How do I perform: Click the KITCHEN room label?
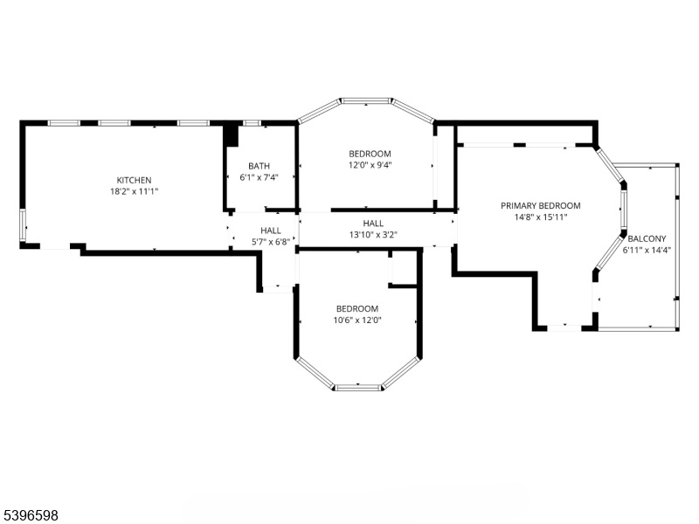134,180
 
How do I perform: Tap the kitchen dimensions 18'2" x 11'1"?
135,191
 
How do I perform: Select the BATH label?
259,166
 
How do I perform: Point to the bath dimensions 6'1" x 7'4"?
259,177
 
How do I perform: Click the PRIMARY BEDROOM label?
541,206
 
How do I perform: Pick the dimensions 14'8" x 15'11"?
541,217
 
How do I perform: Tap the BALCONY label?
647,238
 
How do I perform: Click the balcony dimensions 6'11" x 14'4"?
647,251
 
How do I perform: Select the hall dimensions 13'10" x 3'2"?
373,235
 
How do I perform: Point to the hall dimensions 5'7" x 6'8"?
271,242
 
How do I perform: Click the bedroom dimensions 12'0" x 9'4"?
370,165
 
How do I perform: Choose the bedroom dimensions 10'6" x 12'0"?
357,320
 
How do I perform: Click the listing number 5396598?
29,515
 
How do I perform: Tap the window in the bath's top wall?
253,123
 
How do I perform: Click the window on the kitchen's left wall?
23,225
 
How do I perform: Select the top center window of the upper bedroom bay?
365,101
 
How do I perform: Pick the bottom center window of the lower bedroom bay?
358,387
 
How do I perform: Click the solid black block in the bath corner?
231,135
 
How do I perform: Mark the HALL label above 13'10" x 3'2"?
373,224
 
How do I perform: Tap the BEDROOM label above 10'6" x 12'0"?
357,309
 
